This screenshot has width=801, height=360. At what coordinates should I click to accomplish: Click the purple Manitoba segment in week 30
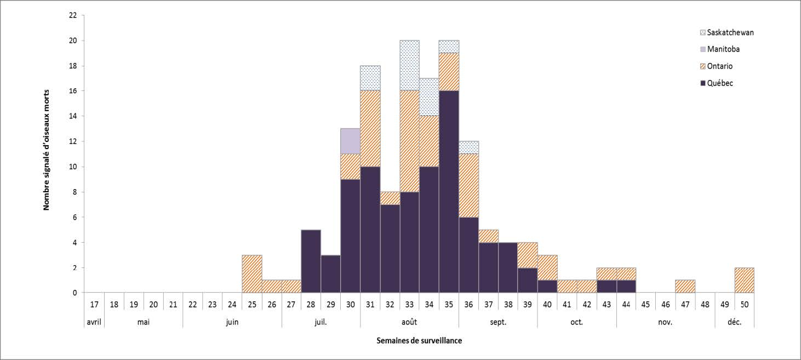point(351,141)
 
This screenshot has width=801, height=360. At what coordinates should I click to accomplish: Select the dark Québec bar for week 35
point(449,192)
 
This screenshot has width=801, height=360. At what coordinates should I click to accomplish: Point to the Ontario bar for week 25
point(252,274)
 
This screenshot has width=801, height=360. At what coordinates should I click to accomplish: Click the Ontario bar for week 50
point(744,280)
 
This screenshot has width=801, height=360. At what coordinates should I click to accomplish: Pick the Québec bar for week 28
point(311,261)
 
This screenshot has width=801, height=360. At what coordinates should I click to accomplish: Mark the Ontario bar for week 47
point(685,287)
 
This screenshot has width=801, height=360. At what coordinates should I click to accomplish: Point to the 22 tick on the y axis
point(73,15)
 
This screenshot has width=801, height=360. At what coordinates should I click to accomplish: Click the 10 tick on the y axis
point(73,167)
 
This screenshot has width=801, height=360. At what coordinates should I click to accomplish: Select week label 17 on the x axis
point(94,303)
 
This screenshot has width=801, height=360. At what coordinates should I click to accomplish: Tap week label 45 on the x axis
point(645,303)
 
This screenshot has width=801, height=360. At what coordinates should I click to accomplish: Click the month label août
point(409,322)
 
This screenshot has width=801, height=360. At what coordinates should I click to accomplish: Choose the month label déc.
point(734,322)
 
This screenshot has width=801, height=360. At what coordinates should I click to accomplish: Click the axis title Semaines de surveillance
point(419,341)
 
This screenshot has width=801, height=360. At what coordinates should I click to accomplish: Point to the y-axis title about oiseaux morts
point(47,149)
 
